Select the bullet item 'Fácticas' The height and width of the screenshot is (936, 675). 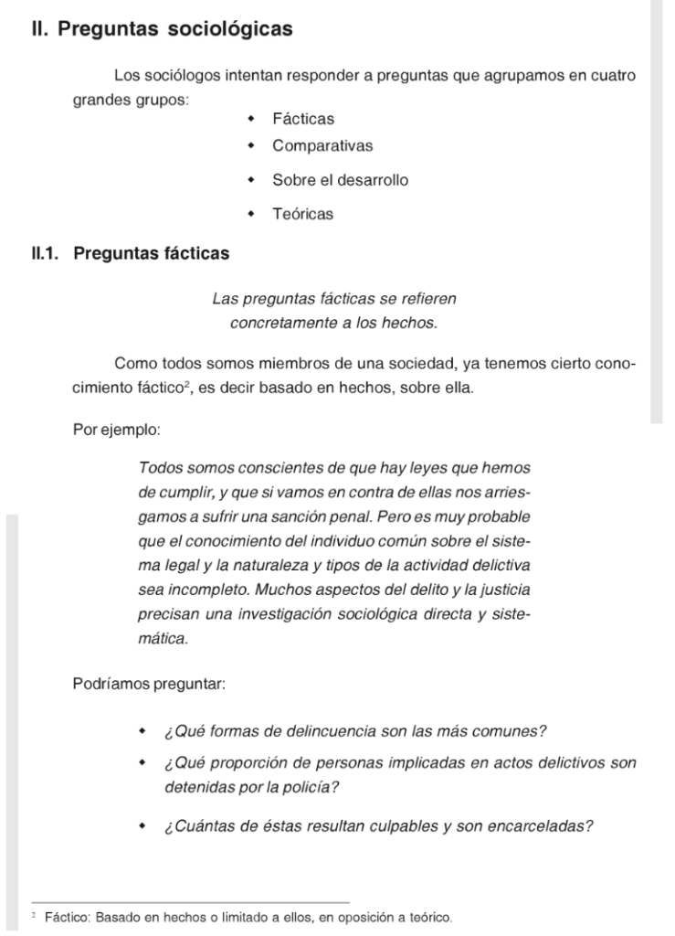point(303,118)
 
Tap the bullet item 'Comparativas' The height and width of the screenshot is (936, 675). point(322,145)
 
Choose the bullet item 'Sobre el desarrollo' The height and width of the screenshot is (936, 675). point(340,180)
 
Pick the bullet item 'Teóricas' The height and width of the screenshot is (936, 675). point(302,214)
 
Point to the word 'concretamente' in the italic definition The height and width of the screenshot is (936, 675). point(279,323)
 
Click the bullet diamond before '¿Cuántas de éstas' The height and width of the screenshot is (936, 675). point(142,827)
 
